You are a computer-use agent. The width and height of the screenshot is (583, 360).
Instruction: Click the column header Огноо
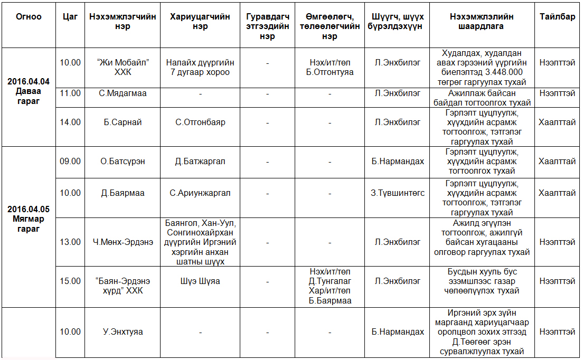29,16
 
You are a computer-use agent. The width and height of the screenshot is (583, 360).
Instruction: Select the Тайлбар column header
557,16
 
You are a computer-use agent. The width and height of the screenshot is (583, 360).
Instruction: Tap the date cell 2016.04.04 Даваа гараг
29,91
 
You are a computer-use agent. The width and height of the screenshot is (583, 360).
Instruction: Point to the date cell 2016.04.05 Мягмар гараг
29,219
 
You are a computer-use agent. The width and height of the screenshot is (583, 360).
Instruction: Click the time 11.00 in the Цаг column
70,93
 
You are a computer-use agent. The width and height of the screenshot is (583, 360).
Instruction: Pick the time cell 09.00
70,161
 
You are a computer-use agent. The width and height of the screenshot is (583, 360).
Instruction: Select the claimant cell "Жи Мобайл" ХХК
123,67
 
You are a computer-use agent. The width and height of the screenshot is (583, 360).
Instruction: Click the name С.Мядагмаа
123,93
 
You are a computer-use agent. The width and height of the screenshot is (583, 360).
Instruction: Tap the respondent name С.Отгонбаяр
200,122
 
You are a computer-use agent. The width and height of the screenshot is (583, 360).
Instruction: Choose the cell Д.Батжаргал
200,161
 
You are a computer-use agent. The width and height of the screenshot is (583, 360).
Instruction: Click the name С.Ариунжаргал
200,193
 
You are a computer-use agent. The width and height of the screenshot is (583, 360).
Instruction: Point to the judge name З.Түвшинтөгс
397,193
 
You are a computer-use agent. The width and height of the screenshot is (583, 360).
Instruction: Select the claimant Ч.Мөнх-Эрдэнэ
123,242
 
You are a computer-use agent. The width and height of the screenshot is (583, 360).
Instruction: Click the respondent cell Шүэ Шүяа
200,281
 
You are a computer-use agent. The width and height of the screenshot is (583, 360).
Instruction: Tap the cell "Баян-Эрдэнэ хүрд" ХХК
123,286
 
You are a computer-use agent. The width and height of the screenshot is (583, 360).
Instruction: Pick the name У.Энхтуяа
123,332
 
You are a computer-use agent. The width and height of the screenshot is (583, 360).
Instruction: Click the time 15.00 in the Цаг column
70,281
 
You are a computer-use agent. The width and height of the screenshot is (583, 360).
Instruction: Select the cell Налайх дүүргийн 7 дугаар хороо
200,67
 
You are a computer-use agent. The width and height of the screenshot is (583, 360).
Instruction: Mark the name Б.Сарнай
123,122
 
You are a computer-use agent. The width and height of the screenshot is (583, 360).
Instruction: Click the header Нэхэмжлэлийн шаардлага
482,21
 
